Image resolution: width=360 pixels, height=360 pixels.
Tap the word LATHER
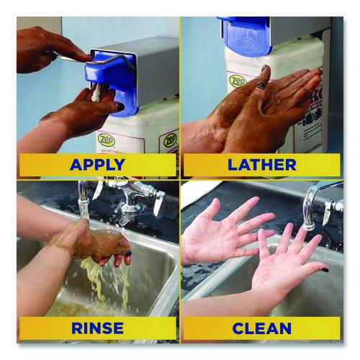point(261,164)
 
